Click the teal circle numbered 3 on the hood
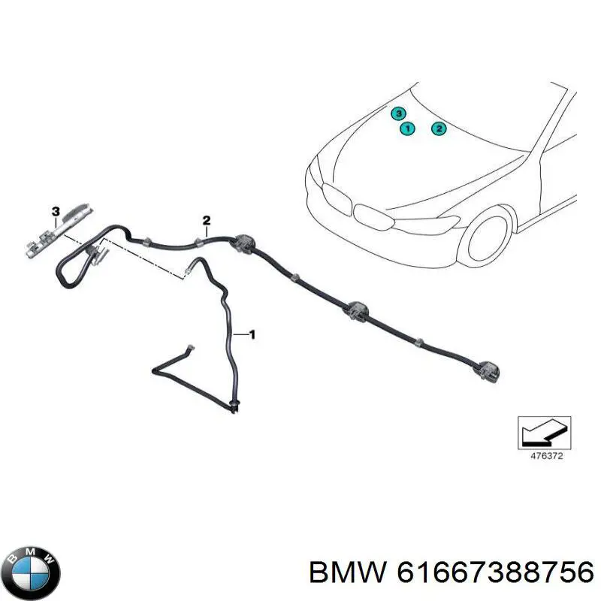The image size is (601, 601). [399, 113]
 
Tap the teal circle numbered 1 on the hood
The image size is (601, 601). [407, 128]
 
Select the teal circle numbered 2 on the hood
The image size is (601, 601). [439, 128]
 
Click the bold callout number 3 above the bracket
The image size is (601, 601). [56, 211]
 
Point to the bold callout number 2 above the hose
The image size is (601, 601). [207, 220]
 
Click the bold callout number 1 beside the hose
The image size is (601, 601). [252, 334]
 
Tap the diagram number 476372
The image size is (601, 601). [547, 456]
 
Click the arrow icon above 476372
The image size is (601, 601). [544, 433]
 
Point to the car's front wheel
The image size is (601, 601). [488, 237]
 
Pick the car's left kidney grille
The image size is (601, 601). [337, 198]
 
